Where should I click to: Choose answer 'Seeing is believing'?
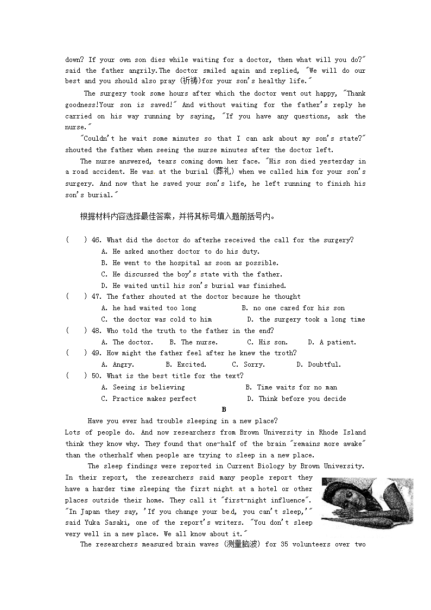click(148, 387)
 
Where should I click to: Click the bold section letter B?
click(224, 410)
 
